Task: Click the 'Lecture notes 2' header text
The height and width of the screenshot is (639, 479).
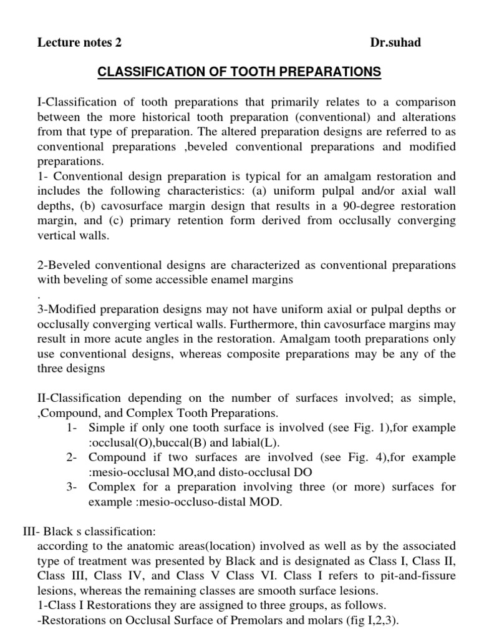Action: click(79, 43)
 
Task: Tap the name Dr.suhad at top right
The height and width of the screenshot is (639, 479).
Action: click(395, 43)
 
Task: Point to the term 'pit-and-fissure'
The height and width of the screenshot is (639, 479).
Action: click(421, 576)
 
